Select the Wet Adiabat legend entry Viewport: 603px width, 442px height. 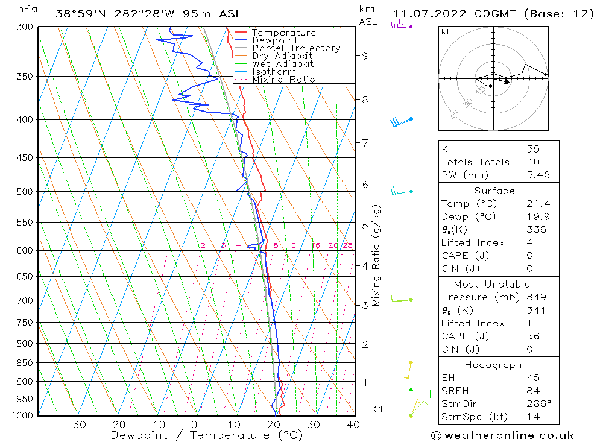click(283, 64)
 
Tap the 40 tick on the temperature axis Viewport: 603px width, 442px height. click(353, 425)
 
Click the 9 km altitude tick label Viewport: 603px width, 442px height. click(365, 56)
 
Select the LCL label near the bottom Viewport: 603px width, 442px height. click(376, 409)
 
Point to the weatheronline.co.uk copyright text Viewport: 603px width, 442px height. click(502, 435)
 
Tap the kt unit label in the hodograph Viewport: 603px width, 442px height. click(445, 32)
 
